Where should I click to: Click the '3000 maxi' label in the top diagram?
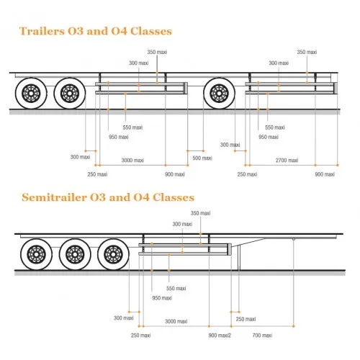click(x=132, y=160)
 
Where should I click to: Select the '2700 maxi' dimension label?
click(x=287, y=160)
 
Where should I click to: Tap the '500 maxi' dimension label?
click(x=202, y=158)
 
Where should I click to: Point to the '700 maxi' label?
click(x=262, y=335)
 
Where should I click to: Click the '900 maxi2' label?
click(x=220, y=335)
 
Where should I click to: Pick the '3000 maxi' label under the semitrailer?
click(x=176, y=321)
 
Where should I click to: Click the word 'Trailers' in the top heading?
click(x=42, y=31)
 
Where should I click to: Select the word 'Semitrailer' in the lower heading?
click(x=54, y=197)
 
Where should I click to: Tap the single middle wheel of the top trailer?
click(x=219, y=93)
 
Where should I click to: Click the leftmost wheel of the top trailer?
click(x=31, y=93)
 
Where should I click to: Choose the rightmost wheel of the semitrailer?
click(x=113, y=254)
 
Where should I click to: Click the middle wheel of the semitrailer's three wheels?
click(x=75, y=254)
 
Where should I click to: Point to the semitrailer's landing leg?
click(x=239, y=258)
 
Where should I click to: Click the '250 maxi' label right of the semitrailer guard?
click(x=246, y=319)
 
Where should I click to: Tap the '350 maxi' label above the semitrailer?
click(x=200, y=213)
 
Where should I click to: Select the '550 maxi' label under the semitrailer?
click(x=176, y=288)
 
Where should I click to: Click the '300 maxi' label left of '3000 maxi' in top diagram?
click(x=80, y=157)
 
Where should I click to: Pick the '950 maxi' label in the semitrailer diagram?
click(x=162, y=298)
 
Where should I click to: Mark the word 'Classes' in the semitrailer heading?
click(x=174, y=197)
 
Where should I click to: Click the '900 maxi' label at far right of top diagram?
click(x=325, y=174)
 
